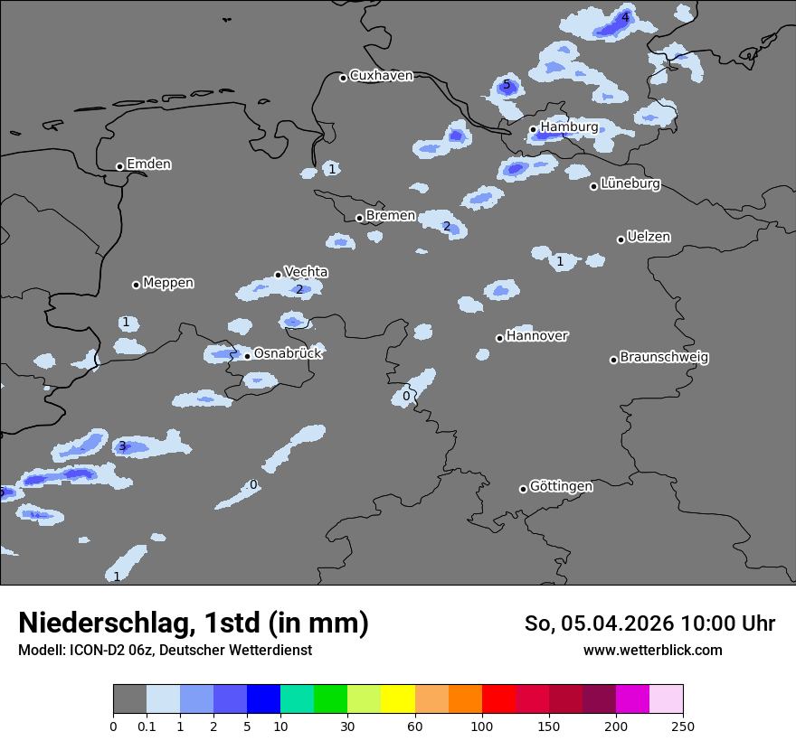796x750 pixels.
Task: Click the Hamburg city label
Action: tap(569, 127)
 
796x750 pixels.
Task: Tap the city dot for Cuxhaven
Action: tap(343, 78)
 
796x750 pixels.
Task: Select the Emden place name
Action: tap(148, 164)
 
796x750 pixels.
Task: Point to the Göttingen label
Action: tap(561, 486)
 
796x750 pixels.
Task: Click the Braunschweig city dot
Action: tap(613, 360)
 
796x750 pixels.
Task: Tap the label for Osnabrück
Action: tap(288, 353)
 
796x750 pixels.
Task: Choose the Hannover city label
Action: tap(536, 336)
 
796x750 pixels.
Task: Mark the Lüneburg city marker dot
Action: tap(594, 186)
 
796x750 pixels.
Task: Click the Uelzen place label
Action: tap(649, 237)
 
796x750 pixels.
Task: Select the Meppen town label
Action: tap(168, 283)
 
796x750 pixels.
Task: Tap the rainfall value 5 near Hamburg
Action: tap(507, 85)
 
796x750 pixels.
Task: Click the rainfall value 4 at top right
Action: tap(625, 17)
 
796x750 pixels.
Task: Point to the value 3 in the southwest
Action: tap(122, 446)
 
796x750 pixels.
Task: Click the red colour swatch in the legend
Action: tap(498, 699)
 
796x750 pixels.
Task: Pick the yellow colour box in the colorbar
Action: tap(398, 699)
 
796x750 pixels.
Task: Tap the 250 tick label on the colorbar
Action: tap(683, 726)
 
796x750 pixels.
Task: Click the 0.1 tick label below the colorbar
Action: tap(147, 726)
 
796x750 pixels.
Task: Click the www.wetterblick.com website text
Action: tap(652, 650)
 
